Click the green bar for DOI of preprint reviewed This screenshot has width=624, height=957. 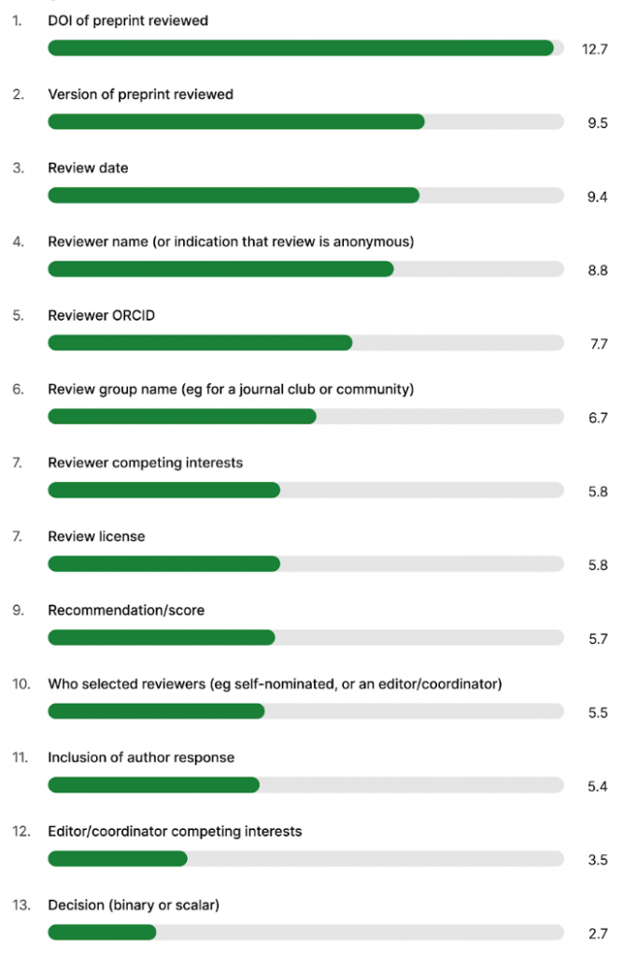[301, 48]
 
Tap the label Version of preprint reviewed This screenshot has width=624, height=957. [140, 94]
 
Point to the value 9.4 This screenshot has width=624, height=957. [598, 196]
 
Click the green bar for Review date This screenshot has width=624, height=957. [234, 195]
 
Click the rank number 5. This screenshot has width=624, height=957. [18, 316]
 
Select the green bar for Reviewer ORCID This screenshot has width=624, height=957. [200, 343]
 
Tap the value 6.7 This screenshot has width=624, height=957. [598, 418]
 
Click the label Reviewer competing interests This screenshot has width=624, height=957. [145, 463]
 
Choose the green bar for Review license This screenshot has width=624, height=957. [163, 564]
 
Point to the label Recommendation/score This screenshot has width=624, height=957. [126, 610]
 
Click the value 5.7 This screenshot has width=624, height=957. [598, 639]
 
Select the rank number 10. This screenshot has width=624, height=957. [20, 684]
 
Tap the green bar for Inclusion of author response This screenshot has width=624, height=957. [153, 785]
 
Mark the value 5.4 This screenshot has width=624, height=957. [598, 787]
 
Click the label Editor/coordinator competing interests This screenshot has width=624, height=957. [175, 831]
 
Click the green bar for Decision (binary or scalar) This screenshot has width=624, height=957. [102, 933]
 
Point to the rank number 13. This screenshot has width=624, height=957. [20, 905]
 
